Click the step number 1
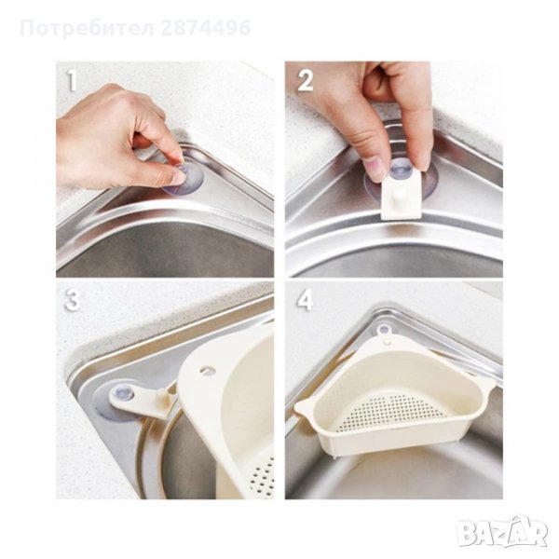(72, 82)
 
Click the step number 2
(306, 81)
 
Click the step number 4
(306, 300)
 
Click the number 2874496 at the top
(205, 28)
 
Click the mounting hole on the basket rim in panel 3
(206, 370)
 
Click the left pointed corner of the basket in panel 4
(299, 407)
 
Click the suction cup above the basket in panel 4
(384, 330)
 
